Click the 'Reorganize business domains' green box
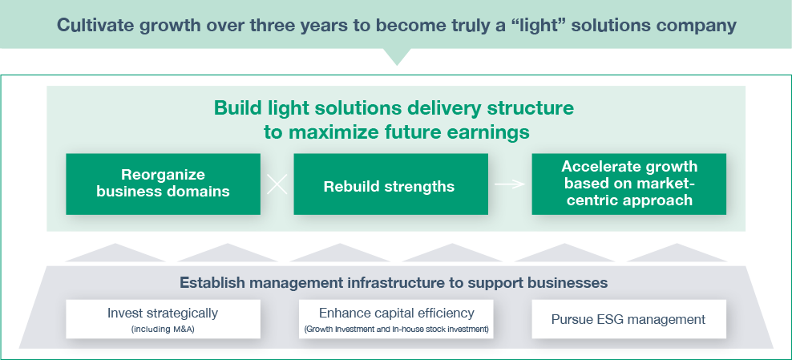click(x=163, y=184)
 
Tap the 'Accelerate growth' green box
click(x=628, y=184)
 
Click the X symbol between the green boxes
click(x=277, y=185)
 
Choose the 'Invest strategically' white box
click(x=163, y=318)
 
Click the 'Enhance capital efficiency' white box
click(x=396, y=318)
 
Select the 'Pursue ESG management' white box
click(x=628, y=318)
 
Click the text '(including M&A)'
click(x=163, y=330)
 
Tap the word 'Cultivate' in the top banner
click(x=91, y=25)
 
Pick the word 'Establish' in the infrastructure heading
click(x=213, y=282)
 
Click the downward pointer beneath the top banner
click(x=396, y=59)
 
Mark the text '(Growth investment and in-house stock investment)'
click(x=396, y=330)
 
